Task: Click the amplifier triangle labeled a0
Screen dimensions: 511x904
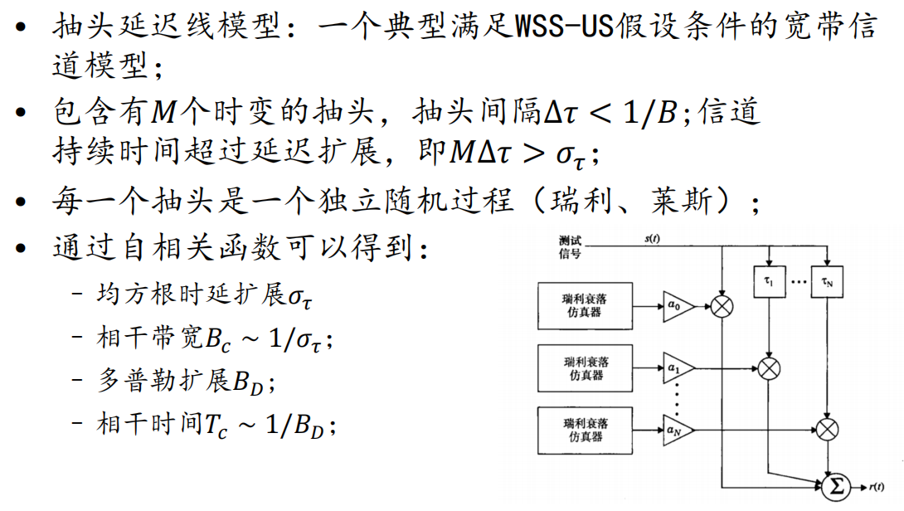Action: click(x=677, y=306)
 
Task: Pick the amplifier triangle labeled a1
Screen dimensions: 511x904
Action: click(x=677, y=366)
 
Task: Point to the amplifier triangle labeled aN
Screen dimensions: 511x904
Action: click(x=677, y=429)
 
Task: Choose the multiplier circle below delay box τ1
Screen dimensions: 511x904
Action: click(x=770, y=367)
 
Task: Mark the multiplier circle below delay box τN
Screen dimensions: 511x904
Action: click(x=828, y=429)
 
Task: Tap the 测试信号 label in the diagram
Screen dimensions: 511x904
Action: click(x=571, y=246)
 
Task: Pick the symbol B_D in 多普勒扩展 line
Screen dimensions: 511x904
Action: click(x=248, y=382)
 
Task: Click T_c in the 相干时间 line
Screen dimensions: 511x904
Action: click(x=215, y=425)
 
